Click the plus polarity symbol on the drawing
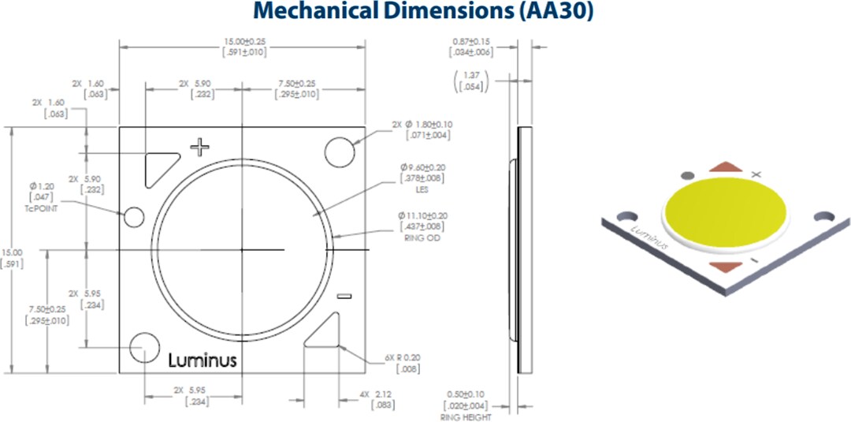click(x=201, y=146)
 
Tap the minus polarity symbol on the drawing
click(x=343, y=297)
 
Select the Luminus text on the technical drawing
click(x=203, y=360)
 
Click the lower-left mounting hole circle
click(x=145, y=348)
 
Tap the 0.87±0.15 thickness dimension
click(x=472, y=41)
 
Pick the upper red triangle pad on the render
click(x=725, y=167)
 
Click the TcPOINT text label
click(x=39, y=207)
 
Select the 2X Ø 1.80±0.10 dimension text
click(x=421, y=125)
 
